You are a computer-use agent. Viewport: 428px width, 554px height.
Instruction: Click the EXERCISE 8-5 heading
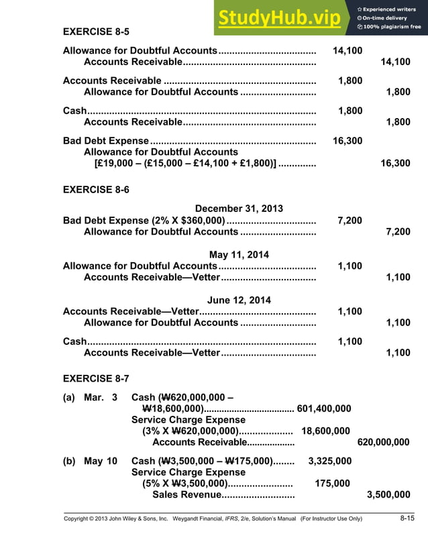point(96,32)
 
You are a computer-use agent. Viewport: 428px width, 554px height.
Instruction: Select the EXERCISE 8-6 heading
point(96,190)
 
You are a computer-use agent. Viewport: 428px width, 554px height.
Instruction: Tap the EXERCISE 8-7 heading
point(96,378)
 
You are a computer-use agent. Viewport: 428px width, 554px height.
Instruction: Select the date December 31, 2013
point(239,209)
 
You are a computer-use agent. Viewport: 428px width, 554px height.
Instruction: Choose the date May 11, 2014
point(239,254)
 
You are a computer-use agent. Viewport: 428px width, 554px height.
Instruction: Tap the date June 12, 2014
point(239,300)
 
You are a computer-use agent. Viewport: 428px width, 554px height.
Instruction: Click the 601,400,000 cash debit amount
point(323,408)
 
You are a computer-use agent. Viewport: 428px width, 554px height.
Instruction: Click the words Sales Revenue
point(186,495)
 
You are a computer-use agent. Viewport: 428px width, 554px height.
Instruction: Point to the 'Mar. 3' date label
point(101,397)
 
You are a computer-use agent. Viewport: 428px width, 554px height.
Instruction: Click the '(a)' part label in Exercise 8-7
point(69,397)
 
